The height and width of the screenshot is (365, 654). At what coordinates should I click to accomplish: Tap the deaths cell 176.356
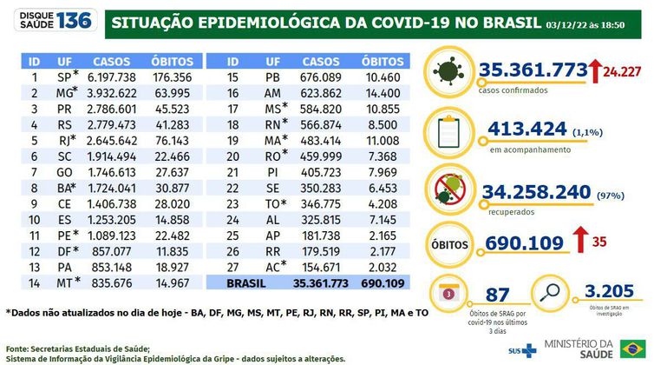pyautogui.click(x=171, y=77)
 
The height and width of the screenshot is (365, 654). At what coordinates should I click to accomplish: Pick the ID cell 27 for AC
pyautogui.click(x=232, y=268)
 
